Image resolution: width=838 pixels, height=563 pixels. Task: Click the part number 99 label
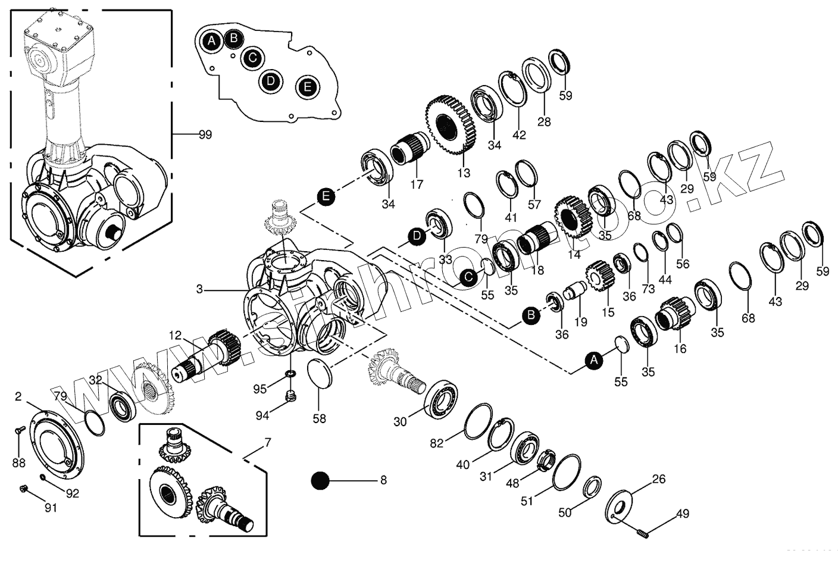coord(205,135)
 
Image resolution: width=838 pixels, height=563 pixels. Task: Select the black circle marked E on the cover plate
coord(307,87)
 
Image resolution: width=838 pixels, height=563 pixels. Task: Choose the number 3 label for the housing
coord(200,289)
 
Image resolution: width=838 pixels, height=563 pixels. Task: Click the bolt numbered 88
coord(18,430)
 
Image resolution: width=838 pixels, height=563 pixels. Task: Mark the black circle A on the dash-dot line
coord(593,359)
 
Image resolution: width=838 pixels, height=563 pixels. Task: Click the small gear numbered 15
coord(598,277)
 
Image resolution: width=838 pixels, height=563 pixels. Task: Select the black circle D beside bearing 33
coord(417,236)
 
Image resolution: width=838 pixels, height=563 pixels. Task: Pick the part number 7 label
coord(267,443)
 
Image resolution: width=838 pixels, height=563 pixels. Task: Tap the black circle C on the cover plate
coord(253,58)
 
